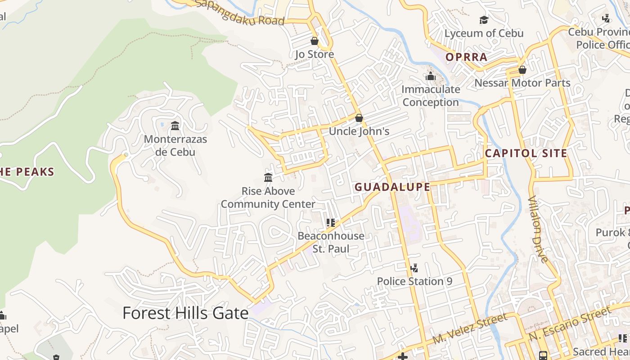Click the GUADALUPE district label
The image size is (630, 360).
pos(392,187)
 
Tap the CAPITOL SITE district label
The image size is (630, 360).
pos(526,153)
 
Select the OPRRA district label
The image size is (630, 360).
pos(466,57)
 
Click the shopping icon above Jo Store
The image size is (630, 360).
pos(315,41)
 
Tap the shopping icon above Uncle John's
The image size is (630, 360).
pos(359,118)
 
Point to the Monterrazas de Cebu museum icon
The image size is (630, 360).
pos(175,126)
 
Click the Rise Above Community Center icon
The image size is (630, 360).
pos(268,177)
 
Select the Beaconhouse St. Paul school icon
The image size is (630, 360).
pos(331,222)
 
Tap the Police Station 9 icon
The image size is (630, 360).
pos(414,268)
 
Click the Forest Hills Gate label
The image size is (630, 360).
pos(185,313)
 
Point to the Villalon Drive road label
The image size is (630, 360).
pos(538,229)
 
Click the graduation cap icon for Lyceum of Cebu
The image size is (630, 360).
pos(484,20)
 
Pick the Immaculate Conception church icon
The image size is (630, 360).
pos(431,76)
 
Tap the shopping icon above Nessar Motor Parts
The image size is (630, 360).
pos(522,70)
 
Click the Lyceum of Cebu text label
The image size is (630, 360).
pos(484,33)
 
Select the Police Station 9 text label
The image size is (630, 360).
pos(414,282)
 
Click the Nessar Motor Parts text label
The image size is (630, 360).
pos(522,83)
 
